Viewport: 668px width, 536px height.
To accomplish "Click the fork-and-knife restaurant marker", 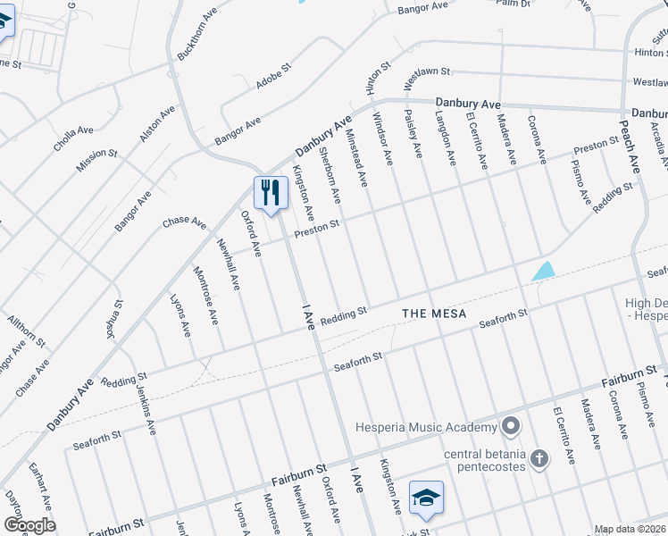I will point(270,192).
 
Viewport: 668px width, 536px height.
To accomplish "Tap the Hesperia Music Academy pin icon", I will point(511,424).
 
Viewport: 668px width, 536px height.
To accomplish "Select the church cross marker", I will point(539,458).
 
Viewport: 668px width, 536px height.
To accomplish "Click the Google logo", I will point(29,525).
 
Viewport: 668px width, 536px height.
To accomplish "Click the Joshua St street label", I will point(113,319).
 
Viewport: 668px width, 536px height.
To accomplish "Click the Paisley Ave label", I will point(413,135).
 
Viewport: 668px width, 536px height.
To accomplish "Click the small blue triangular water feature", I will point(543,270).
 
